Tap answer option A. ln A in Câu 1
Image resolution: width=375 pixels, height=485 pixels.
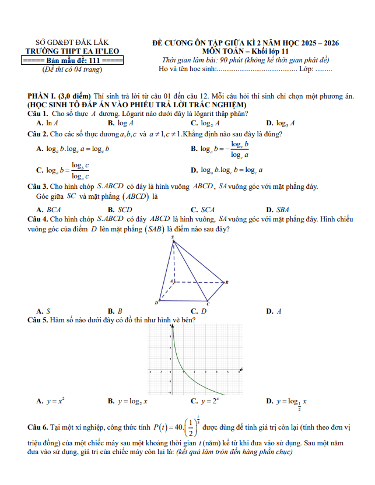point(47,123)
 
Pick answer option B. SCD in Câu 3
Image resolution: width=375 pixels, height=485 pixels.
point(121,209)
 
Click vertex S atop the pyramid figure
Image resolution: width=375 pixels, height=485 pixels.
point(172,237)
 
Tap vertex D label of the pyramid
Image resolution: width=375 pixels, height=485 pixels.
point(156,303)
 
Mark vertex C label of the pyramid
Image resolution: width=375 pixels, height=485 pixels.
point(208,304)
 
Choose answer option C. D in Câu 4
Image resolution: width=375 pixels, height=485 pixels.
point(199,311)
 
